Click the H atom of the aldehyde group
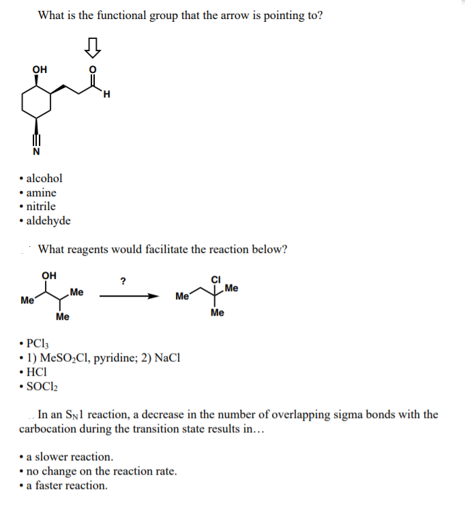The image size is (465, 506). tap(107, 94)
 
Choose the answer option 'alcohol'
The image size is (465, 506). tap(44, 178)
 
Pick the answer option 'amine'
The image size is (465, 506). tap(41, 192)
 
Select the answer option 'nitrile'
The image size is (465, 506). tap(41, 206)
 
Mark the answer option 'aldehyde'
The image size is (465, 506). tap(47, 220)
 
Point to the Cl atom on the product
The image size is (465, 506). tap(216, 278)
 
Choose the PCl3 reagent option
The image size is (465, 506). tap(38, 343)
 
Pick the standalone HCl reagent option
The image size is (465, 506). tap(37, 372)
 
